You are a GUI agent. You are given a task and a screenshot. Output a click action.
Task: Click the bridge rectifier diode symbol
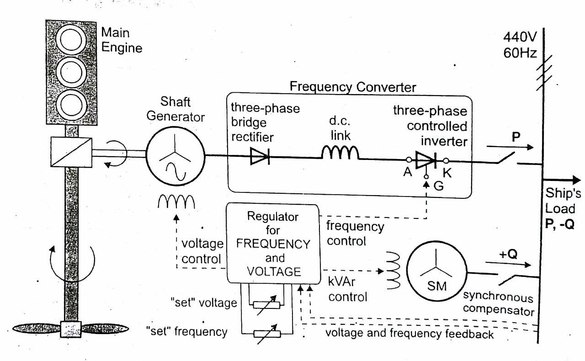[x=260, y=157]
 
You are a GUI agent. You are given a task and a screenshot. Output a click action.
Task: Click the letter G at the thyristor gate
[x=438, y=186]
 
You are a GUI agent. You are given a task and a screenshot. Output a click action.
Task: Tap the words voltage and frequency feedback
[x=409, y=334]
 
